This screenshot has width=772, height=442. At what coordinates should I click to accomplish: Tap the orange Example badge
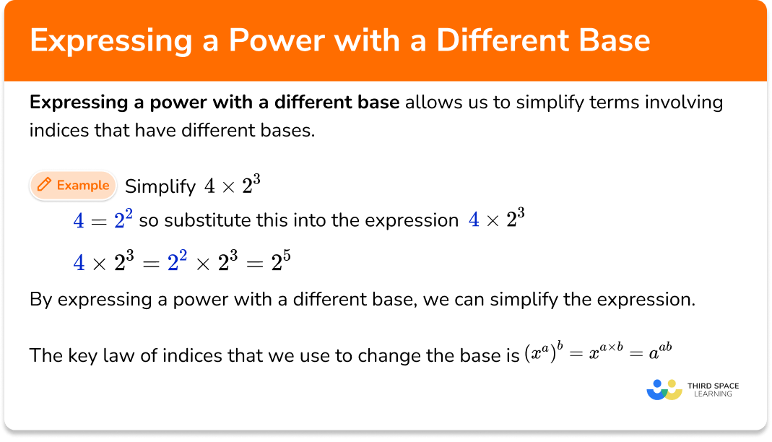click(73, 185)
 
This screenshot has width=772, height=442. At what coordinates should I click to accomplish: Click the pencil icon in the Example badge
click(45, 185)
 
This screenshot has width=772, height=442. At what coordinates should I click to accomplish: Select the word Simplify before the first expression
click(160, 186)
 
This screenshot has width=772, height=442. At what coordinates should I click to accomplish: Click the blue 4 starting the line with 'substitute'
click(79, 221)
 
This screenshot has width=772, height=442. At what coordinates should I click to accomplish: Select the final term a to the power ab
click(662, 354)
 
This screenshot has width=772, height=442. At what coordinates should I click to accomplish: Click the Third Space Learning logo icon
click(664, 390)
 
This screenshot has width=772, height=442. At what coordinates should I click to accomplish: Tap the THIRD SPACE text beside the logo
click(713, 386)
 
